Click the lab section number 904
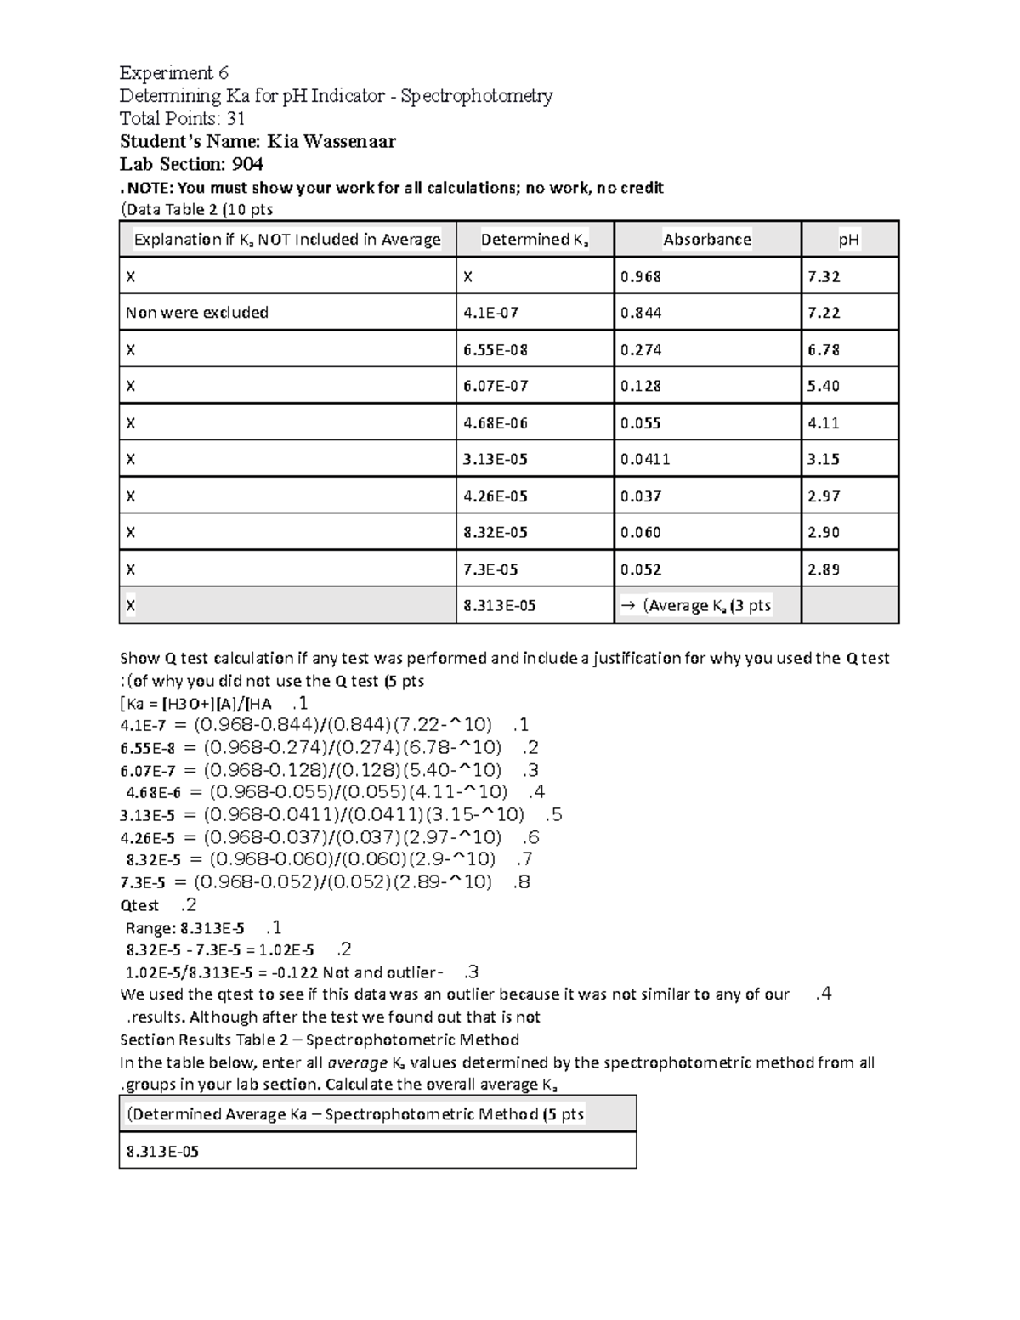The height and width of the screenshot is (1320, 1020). click(247, 164)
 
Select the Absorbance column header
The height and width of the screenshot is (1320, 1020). click(706, 240)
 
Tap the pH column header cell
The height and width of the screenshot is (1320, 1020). click(848, 240)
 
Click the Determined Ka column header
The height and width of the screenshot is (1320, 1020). click(534, 240)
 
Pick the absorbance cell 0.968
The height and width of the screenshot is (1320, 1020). click(640, 276)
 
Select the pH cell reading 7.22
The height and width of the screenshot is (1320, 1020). click(823, 313)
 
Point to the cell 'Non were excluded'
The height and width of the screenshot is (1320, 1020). click(197, 313)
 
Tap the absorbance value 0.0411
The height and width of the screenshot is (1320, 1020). click(645, 459)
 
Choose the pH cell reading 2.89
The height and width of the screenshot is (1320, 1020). click(823, 569)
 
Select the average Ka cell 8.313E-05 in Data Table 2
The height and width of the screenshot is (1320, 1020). click(499, 606)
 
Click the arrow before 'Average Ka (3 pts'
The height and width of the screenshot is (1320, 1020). click(628, 606)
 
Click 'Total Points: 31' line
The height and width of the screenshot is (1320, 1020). click(182, 119)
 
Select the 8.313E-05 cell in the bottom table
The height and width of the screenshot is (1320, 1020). click(162, 1152)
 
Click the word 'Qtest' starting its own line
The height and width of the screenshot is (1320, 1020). click(139, 905)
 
